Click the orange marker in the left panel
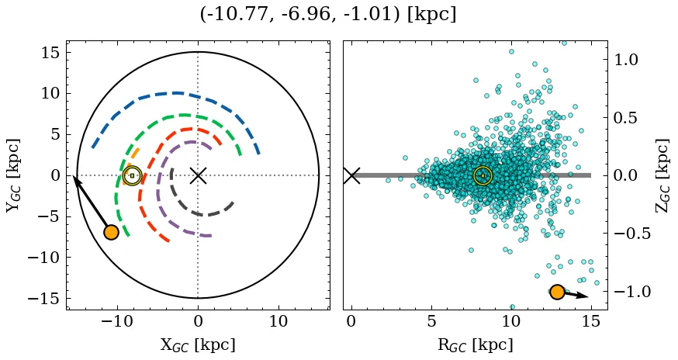click(x=111, y=232)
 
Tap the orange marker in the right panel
click(x=557, y=292)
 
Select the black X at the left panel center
click(x=198, y=175)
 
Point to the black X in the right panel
click(x=351, y=175)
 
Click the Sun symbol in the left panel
click(x=132, y=175)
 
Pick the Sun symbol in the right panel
click(x=483, y=175)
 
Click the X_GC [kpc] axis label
click(x=198, y=345)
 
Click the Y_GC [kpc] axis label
click(x=14, y=175)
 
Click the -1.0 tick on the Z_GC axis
click(x=630, y=292)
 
